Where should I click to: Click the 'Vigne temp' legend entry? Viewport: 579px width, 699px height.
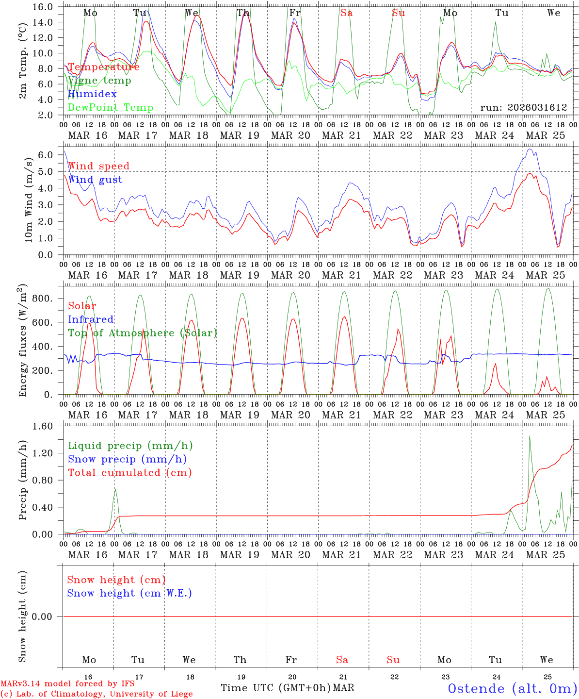coord(99,81)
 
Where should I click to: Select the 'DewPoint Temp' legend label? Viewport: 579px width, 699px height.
coord(111,108)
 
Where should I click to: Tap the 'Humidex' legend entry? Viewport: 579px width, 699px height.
coord(92,94)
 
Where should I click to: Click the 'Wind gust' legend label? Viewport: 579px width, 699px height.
coord(95,180)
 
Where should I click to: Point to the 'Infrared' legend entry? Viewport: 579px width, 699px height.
coord(91,319)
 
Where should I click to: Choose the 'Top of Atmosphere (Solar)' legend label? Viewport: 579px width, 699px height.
coord(142,333)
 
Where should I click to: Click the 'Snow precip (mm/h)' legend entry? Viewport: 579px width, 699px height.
coord(127,459)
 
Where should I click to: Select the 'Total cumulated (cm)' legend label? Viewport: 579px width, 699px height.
coord(129,473)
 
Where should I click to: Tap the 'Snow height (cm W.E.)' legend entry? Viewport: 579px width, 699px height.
coord(129,593)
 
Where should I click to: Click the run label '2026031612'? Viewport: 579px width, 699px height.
coord(524,108)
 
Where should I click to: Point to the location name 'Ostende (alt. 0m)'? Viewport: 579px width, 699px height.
coord(512,688)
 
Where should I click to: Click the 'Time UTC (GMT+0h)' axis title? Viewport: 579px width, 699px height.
coord(275,688)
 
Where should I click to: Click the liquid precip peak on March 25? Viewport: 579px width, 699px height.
coord(530,436)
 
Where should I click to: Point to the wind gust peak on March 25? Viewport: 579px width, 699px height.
coord(530,149)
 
